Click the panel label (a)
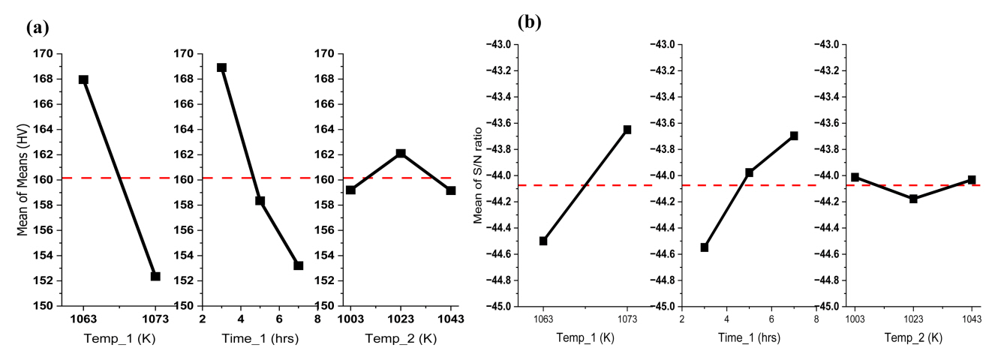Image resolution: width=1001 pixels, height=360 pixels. click(37, 29)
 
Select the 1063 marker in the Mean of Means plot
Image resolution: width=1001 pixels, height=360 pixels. click(83, 79)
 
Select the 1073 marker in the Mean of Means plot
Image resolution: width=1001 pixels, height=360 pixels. click(155, 276)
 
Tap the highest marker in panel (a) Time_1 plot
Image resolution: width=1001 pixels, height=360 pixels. click(221, 67)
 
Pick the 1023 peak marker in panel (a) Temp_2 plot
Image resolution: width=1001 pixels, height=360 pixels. click(401, 153)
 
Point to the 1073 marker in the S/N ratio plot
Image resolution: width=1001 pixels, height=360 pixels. click(627, 130)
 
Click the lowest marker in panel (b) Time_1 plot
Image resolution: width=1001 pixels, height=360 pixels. click(705, 247)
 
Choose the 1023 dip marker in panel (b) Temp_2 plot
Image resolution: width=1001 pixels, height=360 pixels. click(913, 199)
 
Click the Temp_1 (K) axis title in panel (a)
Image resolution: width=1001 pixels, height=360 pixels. click(119, 339)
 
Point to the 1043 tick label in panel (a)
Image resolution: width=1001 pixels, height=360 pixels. click(450, 319)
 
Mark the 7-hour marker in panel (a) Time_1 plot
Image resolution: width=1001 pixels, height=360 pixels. click(299, 265)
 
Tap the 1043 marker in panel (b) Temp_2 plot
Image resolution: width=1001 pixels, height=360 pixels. click(972, 180)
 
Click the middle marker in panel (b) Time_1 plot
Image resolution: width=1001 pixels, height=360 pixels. click(749, 172)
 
